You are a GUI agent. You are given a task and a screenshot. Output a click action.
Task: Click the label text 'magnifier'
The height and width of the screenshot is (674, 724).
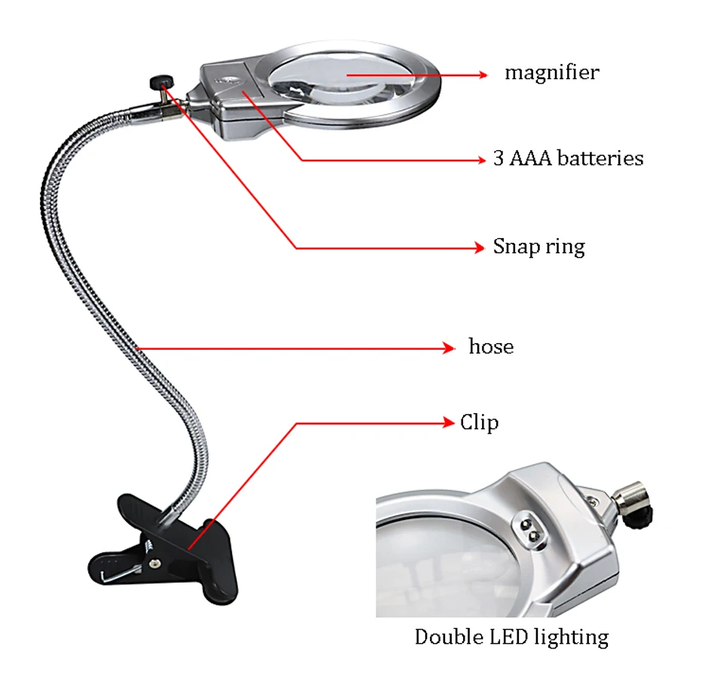pos(551,73)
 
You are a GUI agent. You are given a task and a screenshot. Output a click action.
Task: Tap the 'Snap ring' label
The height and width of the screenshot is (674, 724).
pos(538,247)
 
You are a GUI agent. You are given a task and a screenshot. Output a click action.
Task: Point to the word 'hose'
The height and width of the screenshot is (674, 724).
pos(491,348)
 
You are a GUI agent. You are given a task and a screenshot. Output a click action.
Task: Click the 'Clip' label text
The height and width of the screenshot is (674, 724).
pos(479,422)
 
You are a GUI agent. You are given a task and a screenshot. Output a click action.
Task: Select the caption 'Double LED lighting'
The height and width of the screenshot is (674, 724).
pos(511,637)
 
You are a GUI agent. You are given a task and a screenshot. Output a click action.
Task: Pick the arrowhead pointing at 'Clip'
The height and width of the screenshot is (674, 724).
pos(449,423)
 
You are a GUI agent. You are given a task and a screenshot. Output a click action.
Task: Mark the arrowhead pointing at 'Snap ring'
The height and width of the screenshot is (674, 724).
pos(478,247)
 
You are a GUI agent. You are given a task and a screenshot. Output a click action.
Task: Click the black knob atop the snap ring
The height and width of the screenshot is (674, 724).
pos(160,79)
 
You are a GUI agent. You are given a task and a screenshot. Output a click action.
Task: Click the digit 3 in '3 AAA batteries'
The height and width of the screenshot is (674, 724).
pos(499,159)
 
